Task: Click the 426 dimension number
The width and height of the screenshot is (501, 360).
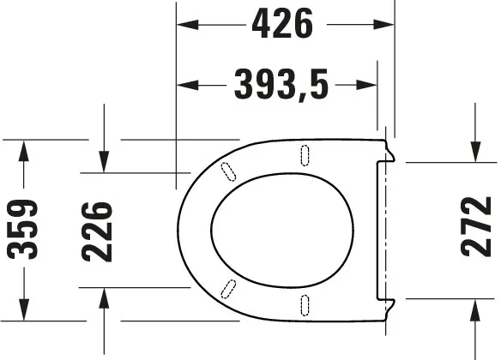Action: point(282,26)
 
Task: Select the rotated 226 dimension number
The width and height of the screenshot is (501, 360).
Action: point(97,229)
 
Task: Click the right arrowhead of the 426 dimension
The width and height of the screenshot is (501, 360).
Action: point(385,26)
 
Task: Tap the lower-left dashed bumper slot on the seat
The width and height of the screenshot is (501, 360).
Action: point(228,289)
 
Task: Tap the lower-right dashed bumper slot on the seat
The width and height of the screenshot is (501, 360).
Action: point(305,303)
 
